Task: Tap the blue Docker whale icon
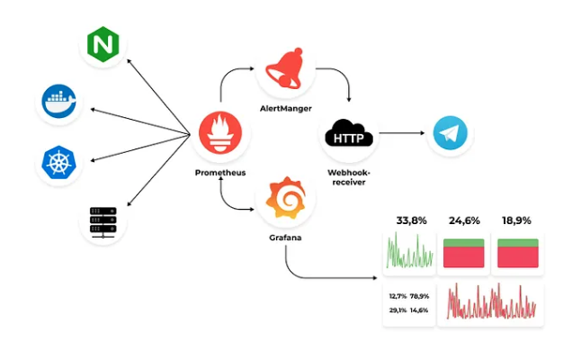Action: pyautogui.click(x=60, y=103)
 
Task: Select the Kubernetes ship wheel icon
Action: pyautogui.click(x=60, y=163)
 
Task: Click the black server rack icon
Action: pyautogui.click(x=102, y=220)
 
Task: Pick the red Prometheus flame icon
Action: pyautogui.click(x=221, y=135)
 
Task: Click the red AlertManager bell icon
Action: pyautogui.click(x=284, y=67)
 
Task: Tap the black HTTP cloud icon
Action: pyautogui.click(x=349, y=136)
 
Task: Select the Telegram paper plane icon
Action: pyautogui.click(x=450, y=134)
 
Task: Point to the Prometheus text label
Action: pyautogui.click(x=221, y=171)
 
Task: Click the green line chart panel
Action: pyautogui.click(x=410, y=252)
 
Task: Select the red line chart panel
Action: pyautogui.click(x=490, y=302)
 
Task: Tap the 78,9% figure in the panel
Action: pyautogui.click(x=419, y=295)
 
